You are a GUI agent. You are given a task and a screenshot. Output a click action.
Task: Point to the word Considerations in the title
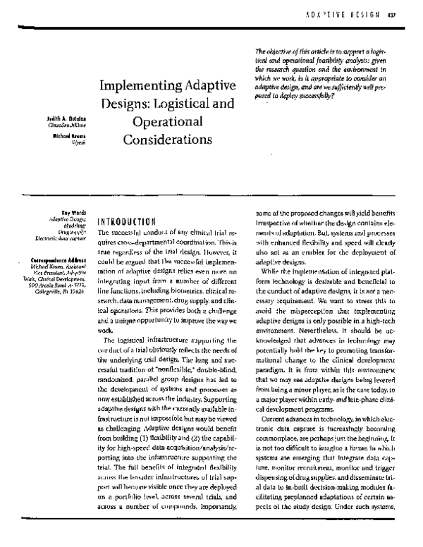click(x=167, y=139)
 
